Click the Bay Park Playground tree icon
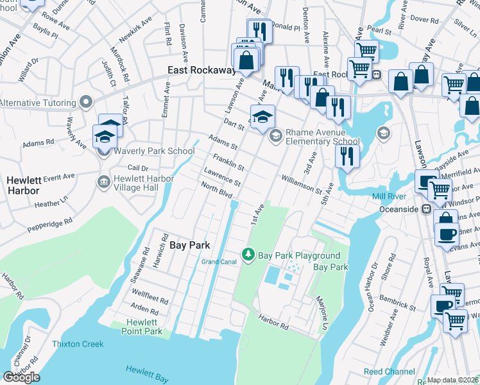click(x=248, y=255)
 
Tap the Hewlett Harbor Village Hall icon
click(x=103, y=183)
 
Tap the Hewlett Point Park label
click(x=142, y=327)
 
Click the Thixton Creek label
click(x=78, y=345)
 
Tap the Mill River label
click(x=388, y=196)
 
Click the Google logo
click(x=21, y=377)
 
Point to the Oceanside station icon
click(x=425, y=209)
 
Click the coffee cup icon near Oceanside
click(x=446, y=233)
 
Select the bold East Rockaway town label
click(x=201, y=70)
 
